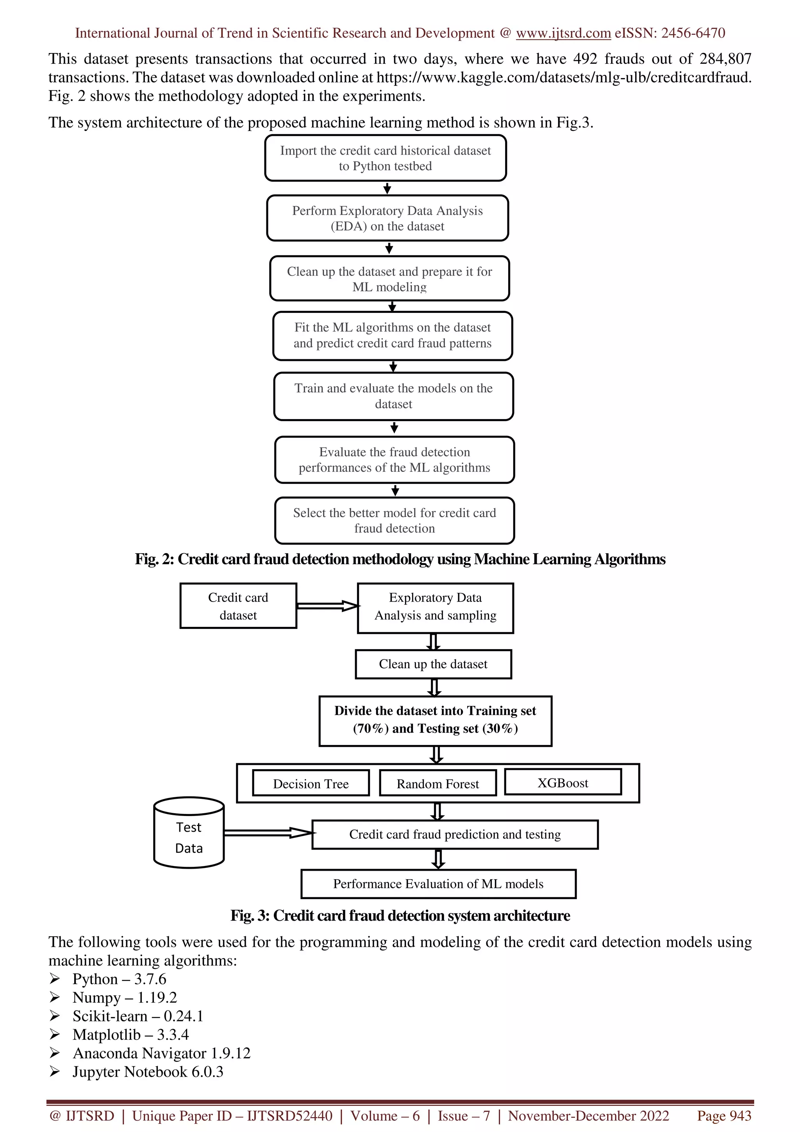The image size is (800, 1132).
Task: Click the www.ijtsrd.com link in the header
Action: (x=563, y=33)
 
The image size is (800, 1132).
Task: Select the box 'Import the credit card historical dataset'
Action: (x=385, y=158)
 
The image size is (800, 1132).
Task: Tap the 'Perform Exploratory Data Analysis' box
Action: (x=387, y=218)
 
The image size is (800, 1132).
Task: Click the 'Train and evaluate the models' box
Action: (x=393, y=396)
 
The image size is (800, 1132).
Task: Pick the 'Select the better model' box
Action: (x=394, y=520)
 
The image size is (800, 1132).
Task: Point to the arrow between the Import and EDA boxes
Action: (x=387, y=188)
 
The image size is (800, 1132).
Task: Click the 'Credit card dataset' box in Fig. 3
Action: (x=238, y=606)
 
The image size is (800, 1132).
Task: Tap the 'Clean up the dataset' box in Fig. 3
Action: (x=433, y=664)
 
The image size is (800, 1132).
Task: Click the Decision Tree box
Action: (x=311, y=784)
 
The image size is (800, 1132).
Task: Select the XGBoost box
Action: (x=562, y=782)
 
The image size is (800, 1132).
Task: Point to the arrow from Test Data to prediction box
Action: (x=268, y=833)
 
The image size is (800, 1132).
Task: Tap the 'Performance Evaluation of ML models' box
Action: (x=438, y=884)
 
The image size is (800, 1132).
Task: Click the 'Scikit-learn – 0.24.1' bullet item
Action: (x=137, y=1016)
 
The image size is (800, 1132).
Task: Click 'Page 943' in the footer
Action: (x=723, y=1116)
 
